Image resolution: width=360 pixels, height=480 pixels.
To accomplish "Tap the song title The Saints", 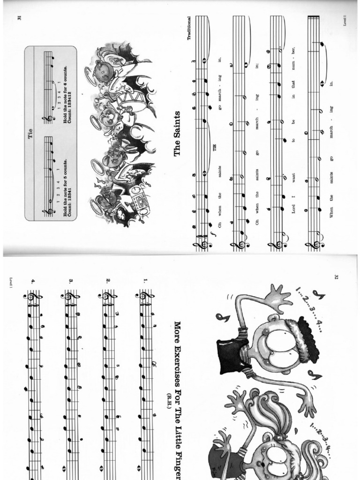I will tap(178, 133).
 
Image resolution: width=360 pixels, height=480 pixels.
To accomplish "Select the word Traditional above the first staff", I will tap(190, 28).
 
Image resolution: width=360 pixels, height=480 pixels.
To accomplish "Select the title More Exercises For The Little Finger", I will tap(178, 398).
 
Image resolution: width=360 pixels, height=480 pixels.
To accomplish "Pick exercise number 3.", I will tap(71, 281).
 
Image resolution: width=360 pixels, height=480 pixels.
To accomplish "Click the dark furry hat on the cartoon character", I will tap(307, 337).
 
